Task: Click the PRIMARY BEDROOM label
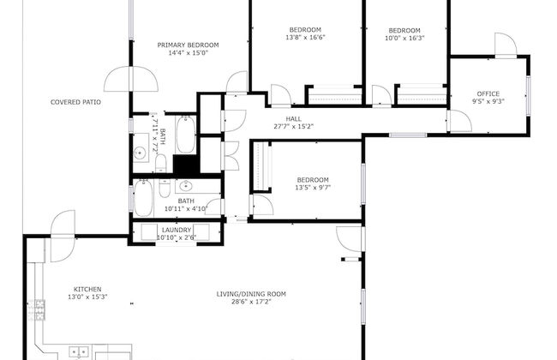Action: (188, 45)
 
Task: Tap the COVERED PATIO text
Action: (75, 102)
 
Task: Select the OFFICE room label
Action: (488, 93)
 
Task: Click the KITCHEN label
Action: (87, 289)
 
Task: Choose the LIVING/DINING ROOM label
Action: (250, 294)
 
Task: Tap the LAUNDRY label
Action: (177, 229)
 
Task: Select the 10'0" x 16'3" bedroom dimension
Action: (404, 38)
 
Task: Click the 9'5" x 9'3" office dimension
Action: (488, 102)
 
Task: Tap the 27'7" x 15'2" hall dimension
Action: (293, 126)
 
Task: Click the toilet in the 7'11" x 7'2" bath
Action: (160, 163)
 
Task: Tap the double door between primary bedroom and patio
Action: (130, 80)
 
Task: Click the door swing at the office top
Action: (506, 45)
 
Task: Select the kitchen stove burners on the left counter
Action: (39, 306)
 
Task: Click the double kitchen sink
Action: (78, 351)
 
